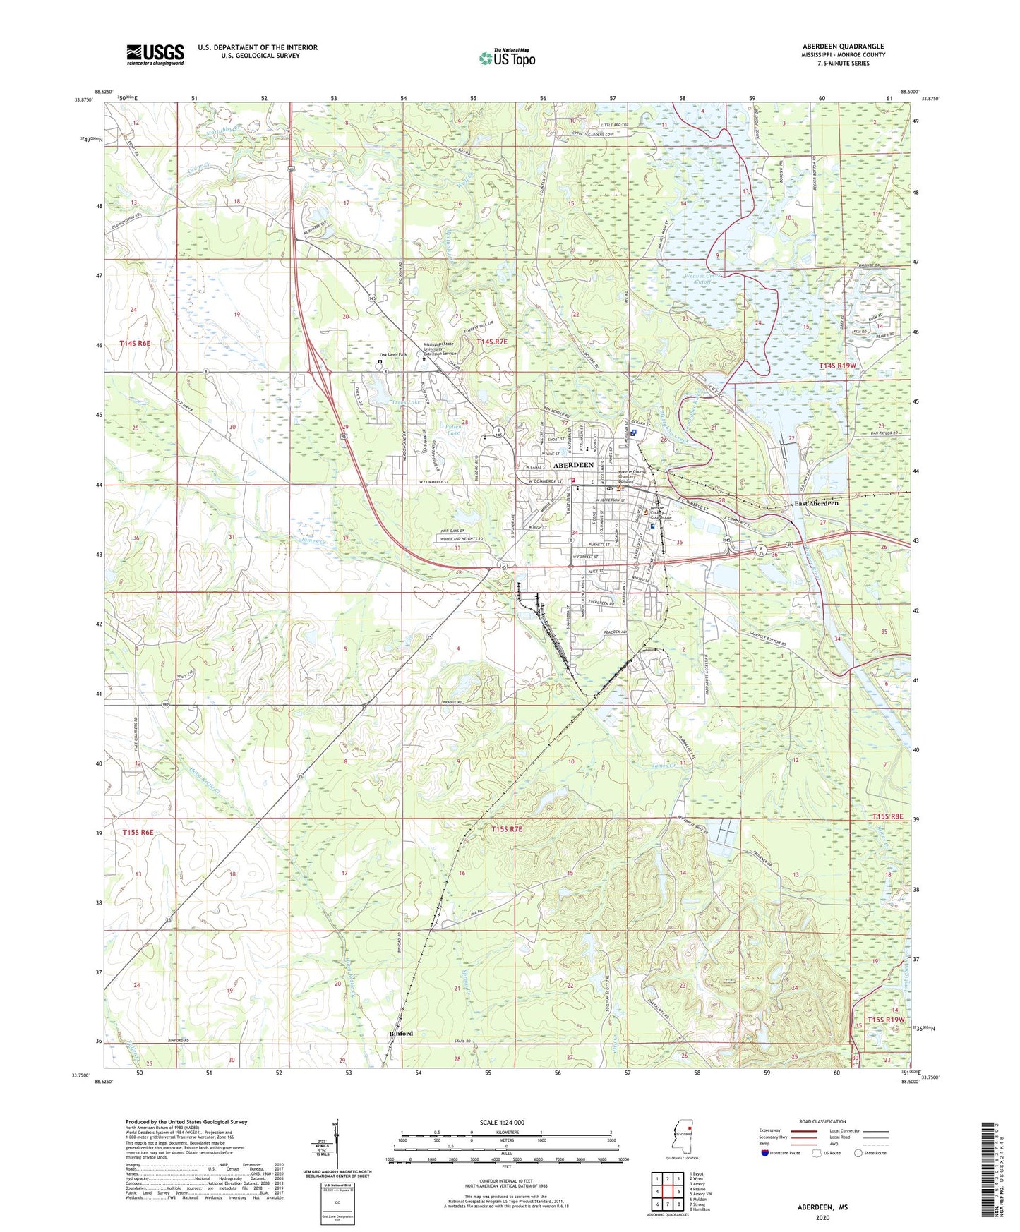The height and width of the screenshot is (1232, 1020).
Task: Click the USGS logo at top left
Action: [x=155, y=54]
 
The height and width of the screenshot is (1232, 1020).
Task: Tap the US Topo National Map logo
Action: [x=507, y=58]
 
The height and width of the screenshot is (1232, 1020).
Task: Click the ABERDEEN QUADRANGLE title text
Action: [x=843, y=47]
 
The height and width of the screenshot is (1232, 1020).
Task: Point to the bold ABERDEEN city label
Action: [x=573, y=466]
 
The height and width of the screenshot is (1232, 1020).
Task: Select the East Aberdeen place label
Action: [x=816, y=503]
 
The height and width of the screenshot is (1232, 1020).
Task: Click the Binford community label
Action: [x=401, y=1034]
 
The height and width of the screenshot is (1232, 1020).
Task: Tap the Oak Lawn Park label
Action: [x=393, y=355]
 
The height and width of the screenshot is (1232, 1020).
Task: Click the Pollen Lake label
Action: [x=455, y=429]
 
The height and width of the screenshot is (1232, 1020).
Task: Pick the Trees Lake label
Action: [x=386, y=402]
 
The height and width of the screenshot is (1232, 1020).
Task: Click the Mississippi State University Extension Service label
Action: [x=439, y=349]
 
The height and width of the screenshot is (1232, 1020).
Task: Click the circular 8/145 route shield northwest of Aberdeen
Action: [x=498, y=432]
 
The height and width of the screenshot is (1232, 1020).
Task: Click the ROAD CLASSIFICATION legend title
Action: [x=822, y=1121]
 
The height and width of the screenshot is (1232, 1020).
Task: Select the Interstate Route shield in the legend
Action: [x=765, y=1153]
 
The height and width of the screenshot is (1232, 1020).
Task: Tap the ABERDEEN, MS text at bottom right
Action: [x=822, y=1207]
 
